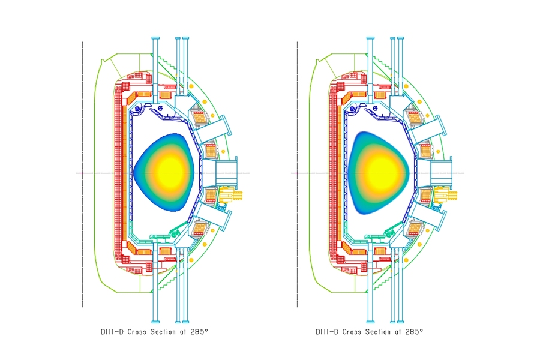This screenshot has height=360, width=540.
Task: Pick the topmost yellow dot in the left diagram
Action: [191, 85]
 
